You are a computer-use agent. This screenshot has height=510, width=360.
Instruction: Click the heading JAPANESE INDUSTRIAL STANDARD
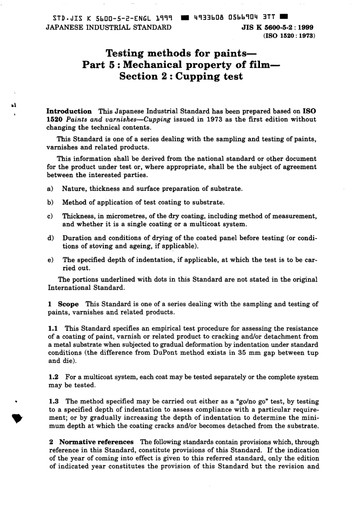[108, 27]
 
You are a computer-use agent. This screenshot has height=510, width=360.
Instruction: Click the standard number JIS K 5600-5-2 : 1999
[277, 28]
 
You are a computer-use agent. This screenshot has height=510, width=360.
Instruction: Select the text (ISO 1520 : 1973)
[286, 36]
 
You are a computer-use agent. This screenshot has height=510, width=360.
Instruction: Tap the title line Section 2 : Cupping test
[181, 76]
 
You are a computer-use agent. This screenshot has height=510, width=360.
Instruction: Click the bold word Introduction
[69, 111]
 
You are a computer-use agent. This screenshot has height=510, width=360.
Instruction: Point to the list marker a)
[50, 189]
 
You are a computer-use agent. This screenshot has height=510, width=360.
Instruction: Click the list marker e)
[50, 260]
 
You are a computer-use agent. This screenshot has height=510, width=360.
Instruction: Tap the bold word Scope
[68, 304]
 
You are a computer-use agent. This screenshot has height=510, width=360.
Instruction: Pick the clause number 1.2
[54, 377]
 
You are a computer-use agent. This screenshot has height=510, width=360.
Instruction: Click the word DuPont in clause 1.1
[168, 353]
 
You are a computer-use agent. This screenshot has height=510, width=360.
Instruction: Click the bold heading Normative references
[96, 442]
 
